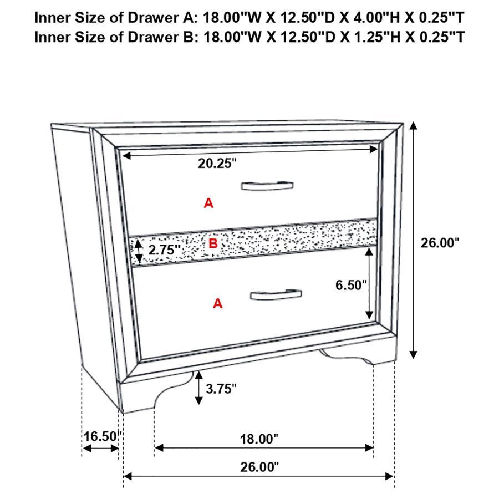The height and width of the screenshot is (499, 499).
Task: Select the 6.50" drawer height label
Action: pos(351,285)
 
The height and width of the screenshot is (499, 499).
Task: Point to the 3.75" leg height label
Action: pos(221,388)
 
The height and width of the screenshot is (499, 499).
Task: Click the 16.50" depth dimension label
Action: pos(101,436)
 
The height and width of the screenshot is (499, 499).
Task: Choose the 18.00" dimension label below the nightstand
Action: pos(259,439)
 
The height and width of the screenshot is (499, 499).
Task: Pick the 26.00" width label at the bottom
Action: pos(259,467)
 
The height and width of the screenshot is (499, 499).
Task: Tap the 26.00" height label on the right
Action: pos(440,242)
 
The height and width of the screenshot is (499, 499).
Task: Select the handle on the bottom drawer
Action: pos(276,294)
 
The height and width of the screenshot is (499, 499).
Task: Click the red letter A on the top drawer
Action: pos(208,203)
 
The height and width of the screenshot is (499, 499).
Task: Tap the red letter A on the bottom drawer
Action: pos(218,303)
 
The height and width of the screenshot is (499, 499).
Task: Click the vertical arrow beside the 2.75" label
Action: pos(137,251)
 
